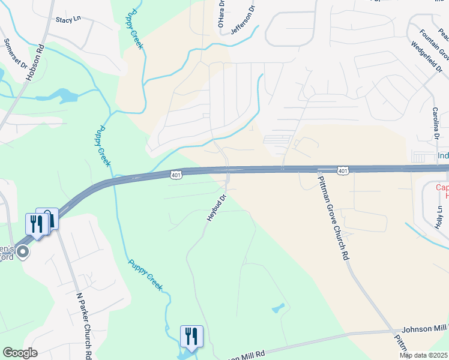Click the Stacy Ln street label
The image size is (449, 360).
(68, 20)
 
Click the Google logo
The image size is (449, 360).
(19, 353)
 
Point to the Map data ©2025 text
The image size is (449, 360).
(423, 355)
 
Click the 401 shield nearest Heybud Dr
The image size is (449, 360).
(175, 175)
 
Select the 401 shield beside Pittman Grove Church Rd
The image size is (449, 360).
(342, 171)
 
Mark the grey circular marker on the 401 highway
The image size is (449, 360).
(23, 251)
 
